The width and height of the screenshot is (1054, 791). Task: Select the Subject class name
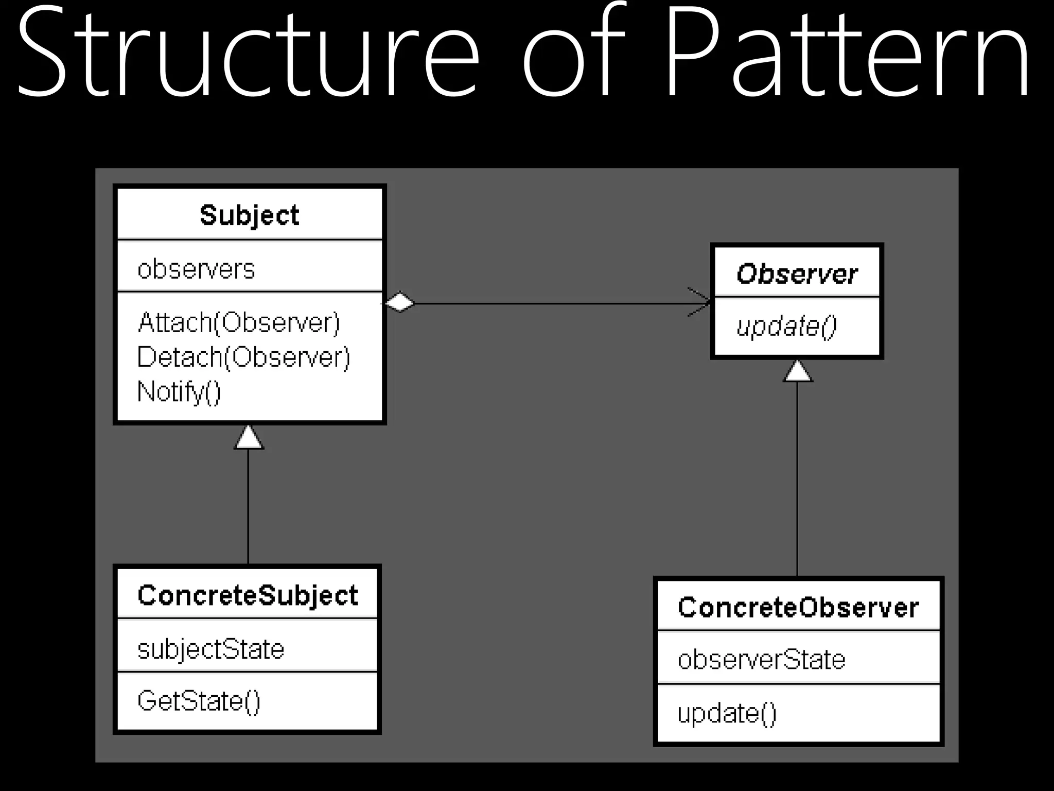point(249,215)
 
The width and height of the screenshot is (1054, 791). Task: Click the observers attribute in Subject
point(196,269)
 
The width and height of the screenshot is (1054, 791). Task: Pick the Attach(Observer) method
point(239,323)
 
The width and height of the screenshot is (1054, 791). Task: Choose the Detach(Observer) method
point(243,357)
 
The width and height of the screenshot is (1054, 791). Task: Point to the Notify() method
point(179,391)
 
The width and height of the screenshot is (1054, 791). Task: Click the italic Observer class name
point(797,273)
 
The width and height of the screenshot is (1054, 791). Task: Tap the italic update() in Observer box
point(786,326)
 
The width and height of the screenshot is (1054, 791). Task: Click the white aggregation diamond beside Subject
point(400,302)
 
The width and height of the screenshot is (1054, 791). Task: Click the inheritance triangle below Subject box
point(249,439)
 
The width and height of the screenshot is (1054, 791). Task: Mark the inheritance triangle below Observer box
point(798,372)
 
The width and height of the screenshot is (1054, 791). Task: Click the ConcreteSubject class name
point(248,596)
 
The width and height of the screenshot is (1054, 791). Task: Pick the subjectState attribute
point(210,649)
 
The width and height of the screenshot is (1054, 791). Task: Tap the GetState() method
point(199,701)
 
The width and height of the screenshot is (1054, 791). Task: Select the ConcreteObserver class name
point(798,608)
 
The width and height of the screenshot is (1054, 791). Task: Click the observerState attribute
point(761,660)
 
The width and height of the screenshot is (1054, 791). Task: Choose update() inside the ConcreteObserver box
point(727,714)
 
